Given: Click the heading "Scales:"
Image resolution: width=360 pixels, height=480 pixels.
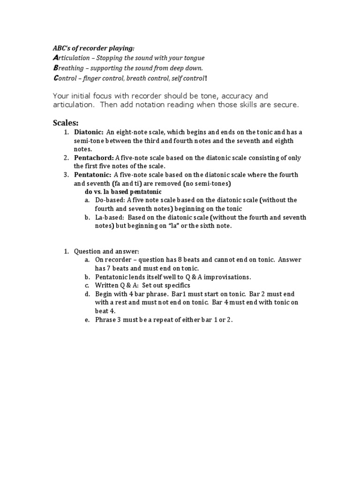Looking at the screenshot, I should click(x=65, y=123).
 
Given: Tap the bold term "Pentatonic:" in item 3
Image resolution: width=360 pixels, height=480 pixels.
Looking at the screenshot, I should click(x=92, y=175).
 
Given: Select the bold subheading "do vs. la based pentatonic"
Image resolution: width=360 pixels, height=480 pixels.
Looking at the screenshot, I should click(x=123, y=192).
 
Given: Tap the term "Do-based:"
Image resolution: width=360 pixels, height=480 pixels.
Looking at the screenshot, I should click(x=110, y=200).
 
